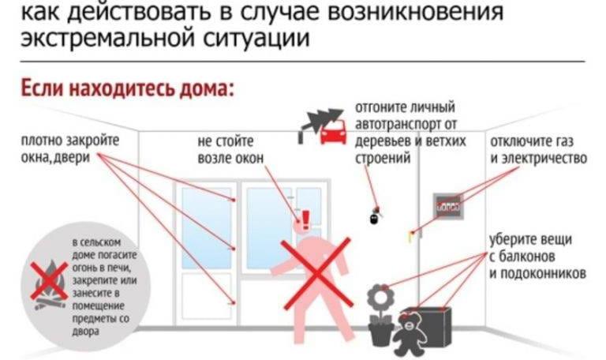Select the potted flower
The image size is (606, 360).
click(x=381, y=312)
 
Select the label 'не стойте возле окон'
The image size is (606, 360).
click(x=230, y=150)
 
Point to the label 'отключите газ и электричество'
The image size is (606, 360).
click(x=538, y=149)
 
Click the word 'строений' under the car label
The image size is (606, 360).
click(x=382, y=159)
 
